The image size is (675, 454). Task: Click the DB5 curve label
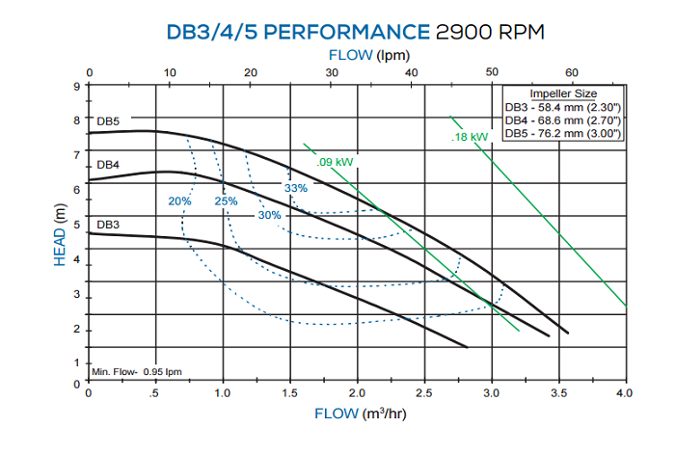[x=108, y=121]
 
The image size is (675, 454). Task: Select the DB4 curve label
[x=108, y=166]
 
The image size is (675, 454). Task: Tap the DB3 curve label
[x=108, y=225]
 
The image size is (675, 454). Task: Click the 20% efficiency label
[x=179, y=201]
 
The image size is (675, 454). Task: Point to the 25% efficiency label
[x=226, y=201]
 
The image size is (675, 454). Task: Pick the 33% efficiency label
[x=295, y=188]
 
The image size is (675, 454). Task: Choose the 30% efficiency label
[x=269, y=215]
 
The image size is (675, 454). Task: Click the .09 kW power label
[x=336, y=161]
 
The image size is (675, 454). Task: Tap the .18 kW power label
[x=471, y=138]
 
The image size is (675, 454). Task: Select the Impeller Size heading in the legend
[x=563, y=93]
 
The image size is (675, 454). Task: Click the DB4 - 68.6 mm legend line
[x=563, y=120]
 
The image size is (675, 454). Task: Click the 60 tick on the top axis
[x=572, y=73]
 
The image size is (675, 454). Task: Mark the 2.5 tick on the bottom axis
[x=423, y=393]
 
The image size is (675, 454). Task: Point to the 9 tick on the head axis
[x=76, y=86]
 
